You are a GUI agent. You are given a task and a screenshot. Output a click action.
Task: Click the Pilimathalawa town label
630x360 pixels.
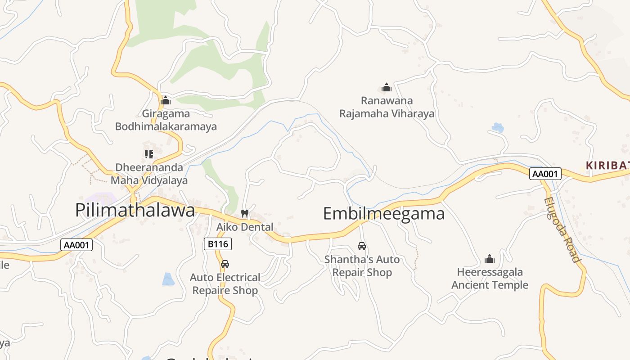pos(135,210)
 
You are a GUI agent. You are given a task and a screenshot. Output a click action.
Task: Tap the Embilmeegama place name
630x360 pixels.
pos(384,213)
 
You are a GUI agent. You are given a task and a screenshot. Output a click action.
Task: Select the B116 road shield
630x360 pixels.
pos(218,244)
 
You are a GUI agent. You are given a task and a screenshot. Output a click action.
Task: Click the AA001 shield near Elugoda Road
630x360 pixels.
pos(545,174)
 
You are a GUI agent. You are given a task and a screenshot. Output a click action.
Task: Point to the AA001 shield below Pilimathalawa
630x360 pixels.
pos(76,245)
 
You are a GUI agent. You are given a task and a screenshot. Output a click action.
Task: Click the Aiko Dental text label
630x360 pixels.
pos(245,227)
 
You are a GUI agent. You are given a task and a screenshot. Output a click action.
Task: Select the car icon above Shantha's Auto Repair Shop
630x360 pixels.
pos(362,246)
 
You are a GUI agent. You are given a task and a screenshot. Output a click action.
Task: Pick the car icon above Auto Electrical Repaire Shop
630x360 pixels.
pos(225,264)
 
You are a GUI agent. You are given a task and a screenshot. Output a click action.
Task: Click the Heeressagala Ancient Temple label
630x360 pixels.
pos(490,279)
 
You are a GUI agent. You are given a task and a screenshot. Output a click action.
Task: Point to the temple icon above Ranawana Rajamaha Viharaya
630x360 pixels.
pos(387,87)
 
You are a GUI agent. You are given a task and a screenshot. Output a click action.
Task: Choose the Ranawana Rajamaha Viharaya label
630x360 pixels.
pos(387,107)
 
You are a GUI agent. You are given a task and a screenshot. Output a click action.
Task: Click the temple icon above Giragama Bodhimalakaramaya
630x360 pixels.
pos(166,100)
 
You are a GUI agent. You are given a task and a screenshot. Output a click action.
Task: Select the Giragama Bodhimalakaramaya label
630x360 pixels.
pos(166,120)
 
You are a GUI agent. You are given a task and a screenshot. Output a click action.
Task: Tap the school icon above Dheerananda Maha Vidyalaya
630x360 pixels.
pos(149,154)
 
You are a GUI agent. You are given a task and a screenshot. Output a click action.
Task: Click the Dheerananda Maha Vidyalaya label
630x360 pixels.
pos(149,174)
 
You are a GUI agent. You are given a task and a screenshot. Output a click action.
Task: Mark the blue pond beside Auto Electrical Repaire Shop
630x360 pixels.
pos(168,279)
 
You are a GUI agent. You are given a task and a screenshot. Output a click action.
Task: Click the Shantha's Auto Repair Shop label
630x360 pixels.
pos(362,266)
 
